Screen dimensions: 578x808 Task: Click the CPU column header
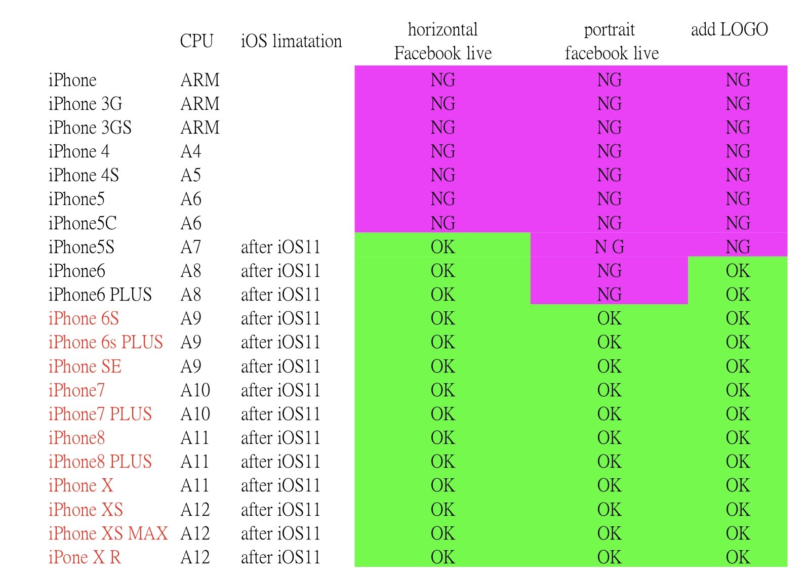196,41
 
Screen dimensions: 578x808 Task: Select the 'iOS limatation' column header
291,41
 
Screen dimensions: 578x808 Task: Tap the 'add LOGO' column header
729,29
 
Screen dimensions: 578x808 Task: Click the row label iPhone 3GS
90,128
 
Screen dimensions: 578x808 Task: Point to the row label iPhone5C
83,223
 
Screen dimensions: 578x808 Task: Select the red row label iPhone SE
85,366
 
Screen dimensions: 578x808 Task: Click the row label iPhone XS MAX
108,533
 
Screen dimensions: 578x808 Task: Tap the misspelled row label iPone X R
85,557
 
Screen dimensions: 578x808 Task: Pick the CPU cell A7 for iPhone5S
191,247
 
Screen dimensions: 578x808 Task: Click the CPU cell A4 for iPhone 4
191,151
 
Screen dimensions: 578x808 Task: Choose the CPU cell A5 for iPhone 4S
191,175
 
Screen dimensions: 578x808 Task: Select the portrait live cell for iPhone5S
609,247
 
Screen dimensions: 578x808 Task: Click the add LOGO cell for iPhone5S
738,247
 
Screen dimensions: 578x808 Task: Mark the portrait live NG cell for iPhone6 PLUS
609,295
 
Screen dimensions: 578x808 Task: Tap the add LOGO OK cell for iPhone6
738,271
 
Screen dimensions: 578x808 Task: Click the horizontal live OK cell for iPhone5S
442,247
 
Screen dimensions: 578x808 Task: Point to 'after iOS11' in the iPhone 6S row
280,318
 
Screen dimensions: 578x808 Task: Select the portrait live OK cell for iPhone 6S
609,318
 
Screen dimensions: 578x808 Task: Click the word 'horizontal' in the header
442,29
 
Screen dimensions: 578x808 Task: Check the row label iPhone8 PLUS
100,462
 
